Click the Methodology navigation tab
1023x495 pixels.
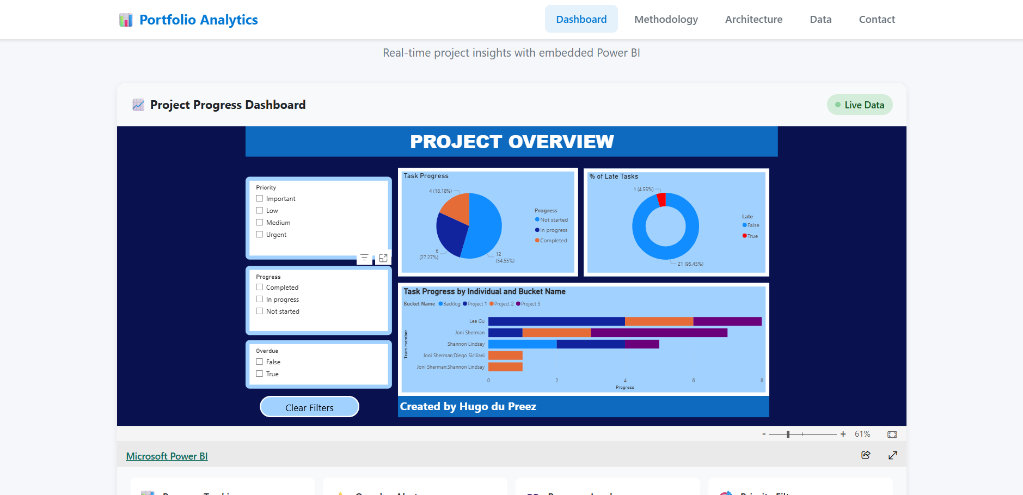point(666,20)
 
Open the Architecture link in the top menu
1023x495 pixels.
point(754,20)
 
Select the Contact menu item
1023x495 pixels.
point(877,20)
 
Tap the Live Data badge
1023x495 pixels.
point(860,105)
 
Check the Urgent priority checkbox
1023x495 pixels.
point(260,235)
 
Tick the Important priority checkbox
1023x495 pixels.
point(260,199)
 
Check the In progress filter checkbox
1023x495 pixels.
point(260,300)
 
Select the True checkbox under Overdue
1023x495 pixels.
point(260,374)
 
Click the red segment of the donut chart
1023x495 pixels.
point(661,199)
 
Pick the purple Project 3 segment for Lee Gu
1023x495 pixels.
point(727,321)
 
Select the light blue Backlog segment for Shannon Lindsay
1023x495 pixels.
point(522,344)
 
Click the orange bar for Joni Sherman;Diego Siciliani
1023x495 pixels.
point(505,356)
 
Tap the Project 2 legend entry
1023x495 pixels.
point(501,304)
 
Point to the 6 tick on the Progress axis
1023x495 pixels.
point(693,381)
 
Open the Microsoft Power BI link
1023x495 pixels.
point(167,456)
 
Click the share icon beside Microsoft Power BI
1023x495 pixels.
point(866,455)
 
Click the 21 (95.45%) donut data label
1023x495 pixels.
point(690,264)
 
